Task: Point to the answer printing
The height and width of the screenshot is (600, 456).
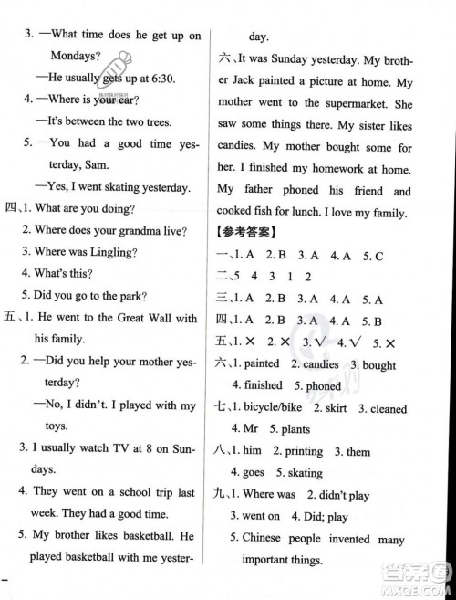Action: (303, 451)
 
